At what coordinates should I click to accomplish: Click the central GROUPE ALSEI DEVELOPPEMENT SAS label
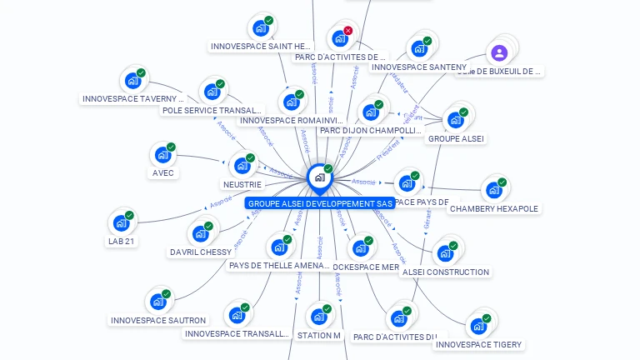tap(319, 203)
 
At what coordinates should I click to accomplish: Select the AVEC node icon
tap(161, 155)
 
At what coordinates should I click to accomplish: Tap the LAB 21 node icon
tap(120, 223)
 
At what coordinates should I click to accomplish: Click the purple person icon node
tap(499, 53)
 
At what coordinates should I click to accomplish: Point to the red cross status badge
tap(348, 31)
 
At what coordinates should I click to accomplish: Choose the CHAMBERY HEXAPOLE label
tap(494, 208)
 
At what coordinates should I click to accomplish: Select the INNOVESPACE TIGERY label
tap(478, 344)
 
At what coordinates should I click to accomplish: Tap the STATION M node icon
tap(317, 317)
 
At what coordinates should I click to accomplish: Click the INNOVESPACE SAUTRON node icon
tap(156, 302)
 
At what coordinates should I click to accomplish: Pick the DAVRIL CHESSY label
tap(201, 252)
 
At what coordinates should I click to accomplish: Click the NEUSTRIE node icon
tap(242, 166)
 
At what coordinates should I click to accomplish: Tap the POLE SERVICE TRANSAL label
tap(212, 110)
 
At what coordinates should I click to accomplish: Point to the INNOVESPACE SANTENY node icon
tap(417, 48)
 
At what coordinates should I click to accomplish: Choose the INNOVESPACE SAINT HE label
tap(260, 47)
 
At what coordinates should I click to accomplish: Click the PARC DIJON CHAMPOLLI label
tap(371, 130)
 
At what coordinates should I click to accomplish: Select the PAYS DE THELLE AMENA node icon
tap(277, 247)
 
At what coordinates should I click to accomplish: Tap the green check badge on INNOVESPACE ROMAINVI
tap(300, 94)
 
